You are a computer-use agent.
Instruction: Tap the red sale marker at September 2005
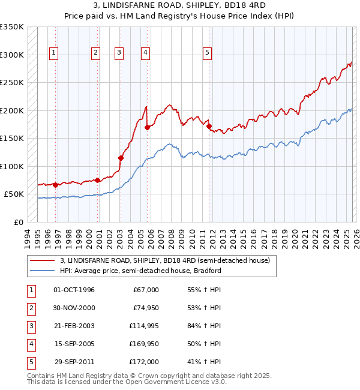[x=147, y=127]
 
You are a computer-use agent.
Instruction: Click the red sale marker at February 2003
[x=121, y=158]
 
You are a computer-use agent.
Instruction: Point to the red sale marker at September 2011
[x=209, y=126]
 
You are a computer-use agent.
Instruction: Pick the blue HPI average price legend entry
[x=140, y=271]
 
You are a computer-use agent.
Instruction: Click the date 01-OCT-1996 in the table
[x=74, y=290]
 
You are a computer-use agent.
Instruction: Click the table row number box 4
[x=29, y=344]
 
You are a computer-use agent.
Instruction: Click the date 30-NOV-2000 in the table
[x=74, y=308]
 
